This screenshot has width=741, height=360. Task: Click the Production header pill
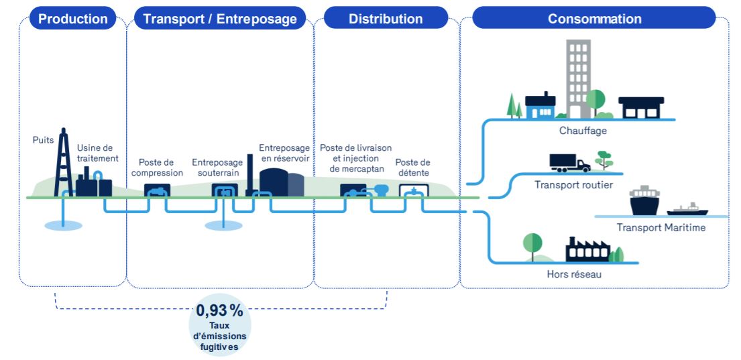point(73,19)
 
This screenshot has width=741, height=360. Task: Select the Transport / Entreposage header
point(220,19)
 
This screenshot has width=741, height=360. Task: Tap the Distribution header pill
point(386,19)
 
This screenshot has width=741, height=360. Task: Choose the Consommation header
point(594,19)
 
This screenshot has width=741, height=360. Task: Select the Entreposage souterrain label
point(217,168)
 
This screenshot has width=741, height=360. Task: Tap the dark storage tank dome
point(274,182)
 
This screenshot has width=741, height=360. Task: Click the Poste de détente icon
point(413,192)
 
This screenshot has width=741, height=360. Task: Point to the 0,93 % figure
point(220,311)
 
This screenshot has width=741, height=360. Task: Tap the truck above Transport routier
point(569,163)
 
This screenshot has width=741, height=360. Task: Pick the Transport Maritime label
point(661,228)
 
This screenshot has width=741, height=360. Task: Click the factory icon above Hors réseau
point(587,249)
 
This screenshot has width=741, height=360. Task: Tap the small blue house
point(540,107)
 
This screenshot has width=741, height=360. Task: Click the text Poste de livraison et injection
point(355,152)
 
